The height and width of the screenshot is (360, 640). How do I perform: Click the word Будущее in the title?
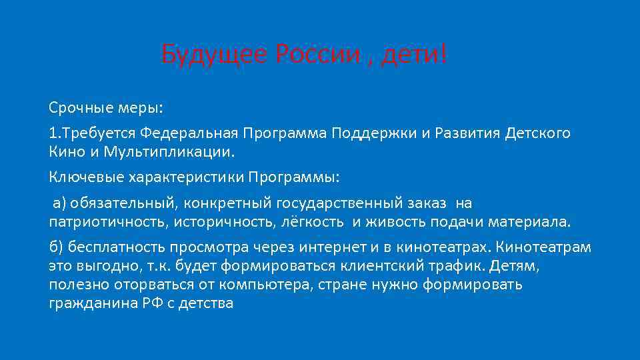[213, 53]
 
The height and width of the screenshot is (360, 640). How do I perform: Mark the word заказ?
[426, 203]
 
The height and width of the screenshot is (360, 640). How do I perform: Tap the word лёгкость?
[313, 221]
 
